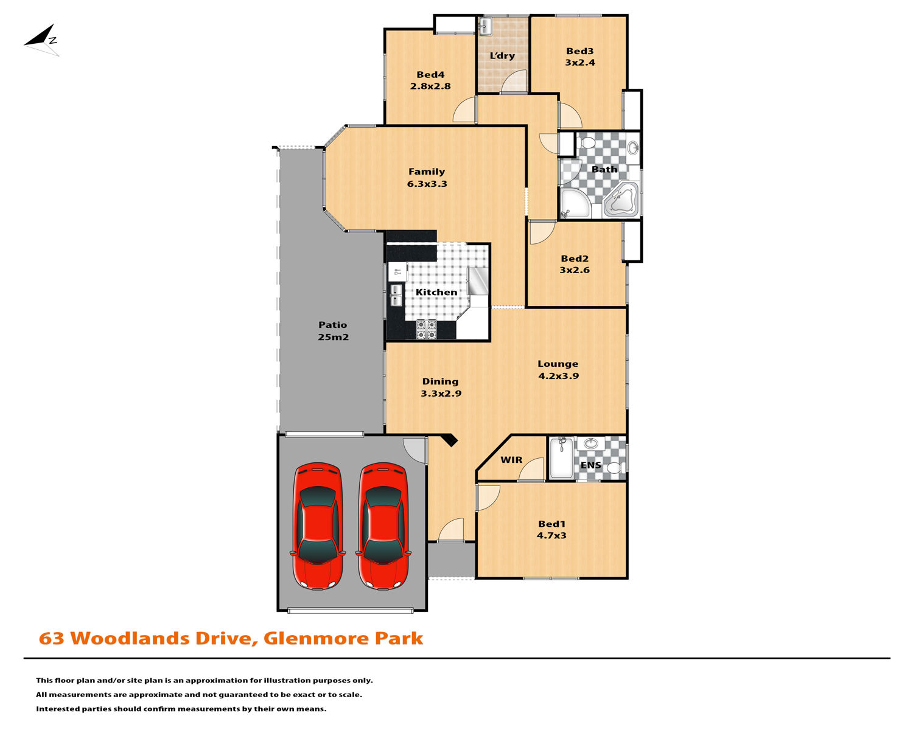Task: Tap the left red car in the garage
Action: click(x=318, y=526)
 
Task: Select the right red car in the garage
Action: click(x=383, y=526)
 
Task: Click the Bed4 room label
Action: click(x=430, y=75)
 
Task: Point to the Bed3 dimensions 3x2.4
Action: click(x=579, y=62)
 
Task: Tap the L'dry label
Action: click(x=502, y=55)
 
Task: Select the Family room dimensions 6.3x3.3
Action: click(x=427, y=184)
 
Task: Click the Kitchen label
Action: click(x=436, y=292)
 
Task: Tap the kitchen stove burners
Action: click(x=426, y=329)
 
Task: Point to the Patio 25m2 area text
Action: click(x=333, y=337)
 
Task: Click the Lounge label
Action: click(x=558, y=364)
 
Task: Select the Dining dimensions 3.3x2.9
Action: click(x=441, y=393)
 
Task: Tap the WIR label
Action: click(x=511, y=460)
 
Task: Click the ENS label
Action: click(x=590, y=465)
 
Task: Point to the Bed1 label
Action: click(x=551, y=524)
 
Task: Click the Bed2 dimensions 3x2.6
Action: click(x=575, y=269)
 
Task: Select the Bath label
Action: click(x=604, y=169)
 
